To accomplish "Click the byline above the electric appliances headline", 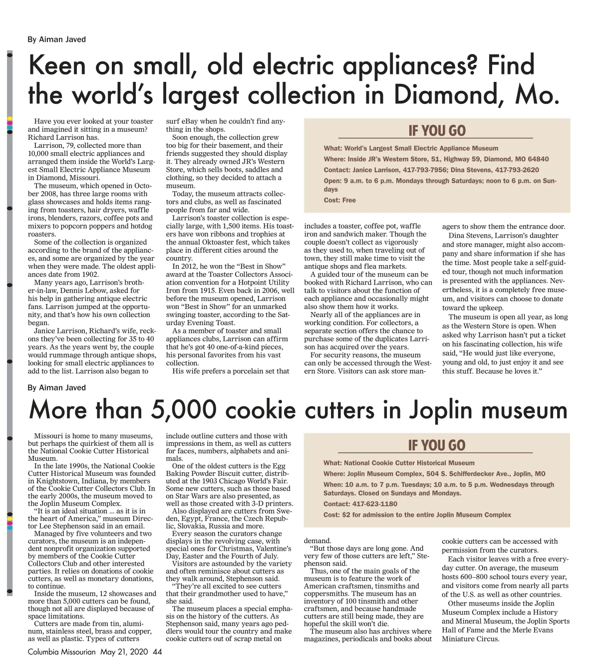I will pos(56,39).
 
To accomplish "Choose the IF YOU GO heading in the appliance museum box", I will pos(436,131).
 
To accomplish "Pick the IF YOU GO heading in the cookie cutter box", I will pos(436,445).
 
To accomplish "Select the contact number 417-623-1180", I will pos(374,504).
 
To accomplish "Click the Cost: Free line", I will pos(339,200).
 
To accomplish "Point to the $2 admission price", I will pos(346,515).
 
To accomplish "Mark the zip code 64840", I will pos(537,159).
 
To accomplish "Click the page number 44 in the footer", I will pos(158,652).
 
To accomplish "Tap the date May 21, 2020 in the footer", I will pos(124,652).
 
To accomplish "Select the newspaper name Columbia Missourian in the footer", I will pos(62,652).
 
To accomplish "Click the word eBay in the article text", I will pos(190,121).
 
